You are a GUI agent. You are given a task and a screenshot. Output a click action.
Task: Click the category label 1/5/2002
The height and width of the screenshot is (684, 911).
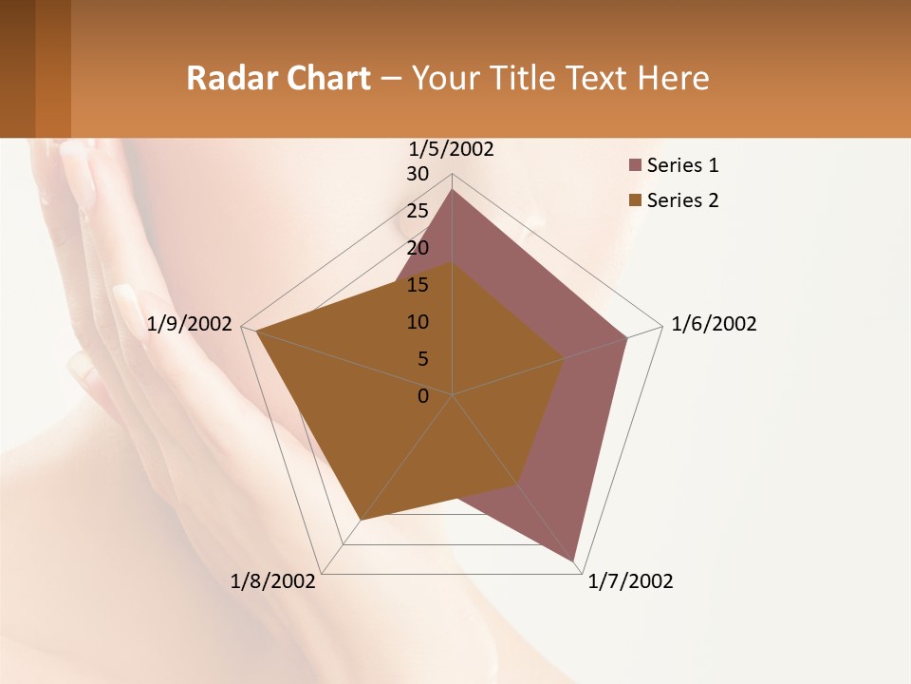452,148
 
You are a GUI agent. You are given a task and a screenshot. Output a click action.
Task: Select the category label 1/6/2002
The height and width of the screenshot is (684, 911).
714,324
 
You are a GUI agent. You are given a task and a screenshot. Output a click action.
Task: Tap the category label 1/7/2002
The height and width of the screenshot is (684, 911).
630,581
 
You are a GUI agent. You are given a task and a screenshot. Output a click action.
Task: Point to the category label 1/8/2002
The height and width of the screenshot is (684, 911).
273,581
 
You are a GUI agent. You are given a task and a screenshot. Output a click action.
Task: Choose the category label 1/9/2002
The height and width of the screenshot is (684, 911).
190,324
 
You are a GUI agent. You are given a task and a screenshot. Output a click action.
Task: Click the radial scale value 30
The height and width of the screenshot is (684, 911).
418,174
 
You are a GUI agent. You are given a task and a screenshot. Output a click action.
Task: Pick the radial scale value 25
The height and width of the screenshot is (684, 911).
418,211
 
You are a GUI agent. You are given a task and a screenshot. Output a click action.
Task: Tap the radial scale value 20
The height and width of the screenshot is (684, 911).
418,248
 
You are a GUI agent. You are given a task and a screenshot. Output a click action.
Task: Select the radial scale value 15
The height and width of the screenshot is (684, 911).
418,285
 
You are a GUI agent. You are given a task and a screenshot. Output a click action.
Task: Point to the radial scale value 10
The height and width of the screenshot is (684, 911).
418,322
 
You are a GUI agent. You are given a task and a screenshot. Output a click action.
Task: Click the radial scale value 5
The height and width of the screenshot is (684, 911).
422,359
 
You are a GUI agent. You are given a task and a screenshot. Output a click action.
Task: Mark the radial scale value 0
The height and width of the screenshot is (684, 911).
423,396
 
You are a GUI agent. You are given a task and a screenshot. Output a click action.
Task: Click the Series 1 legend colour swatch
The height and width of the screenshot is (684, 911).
635,166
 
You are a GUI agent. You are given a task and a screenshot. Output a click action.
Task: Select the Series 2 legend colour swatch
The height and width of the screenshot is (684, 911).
635,200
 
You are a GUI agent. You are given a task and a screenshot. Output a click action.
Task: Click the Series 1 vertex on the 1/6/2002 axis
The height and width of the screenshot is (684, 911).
627,337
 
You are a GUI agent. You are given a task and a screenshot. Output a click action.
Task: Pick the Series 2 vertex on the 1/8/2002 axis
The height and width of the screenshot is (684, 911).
361,520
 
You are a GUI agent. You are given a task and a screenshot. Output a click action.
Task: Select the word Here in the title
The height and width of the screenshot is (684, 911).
674,78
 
